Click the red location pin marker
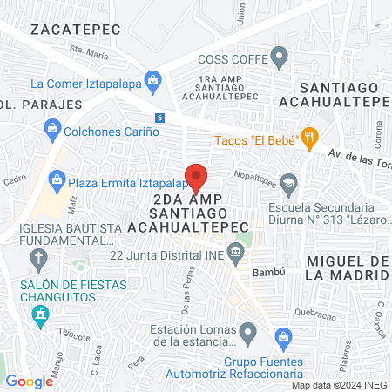click(196, 177)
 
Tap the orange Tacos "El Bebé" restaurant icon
click(308, 136)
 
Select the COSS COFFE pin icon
click(280, 59)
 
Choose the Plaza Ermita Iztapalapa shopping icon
click(57, 181)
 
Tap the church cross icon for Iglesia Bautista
click(38, 258)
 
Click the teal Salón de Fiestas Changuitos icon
click(39, 314)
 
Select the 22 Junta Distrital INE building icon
click(235, 253)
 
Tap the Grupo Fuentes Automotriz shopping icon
click(281, 336)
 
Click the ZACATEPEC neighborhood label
click(69, 29)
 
